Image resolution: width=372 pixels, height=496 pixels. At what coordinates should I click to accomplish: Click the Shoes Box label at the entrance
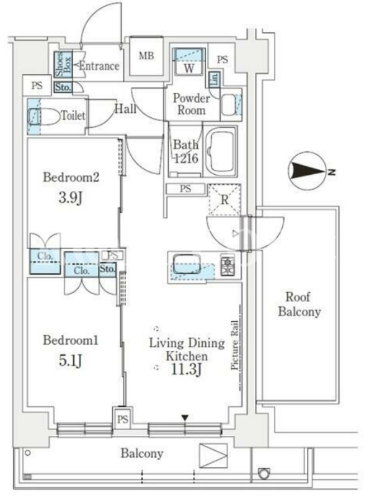click(64, 64)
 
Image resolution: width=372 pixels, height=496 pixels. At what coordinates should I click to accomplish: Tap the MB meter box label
click(146, 56)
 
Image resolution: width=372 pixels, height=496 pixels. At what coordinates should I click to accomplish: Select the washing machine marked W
click(188, 61)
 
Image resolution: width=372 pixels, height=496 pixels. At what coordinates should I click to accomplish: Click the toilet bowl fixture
click(44, 116)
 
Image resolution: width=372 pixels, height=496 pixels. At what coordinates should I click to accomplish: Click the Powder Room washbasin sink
click(228, 105)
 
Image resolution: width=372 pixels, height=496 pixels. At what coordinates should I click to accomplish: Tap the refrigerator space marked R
click(224, 200)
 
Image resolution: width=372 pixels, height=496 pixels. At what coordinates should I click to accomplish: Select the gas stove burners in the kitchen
click(228, 266)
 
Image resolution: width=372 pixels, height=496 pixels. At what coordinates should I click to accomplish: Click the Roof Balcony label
click(299, 304)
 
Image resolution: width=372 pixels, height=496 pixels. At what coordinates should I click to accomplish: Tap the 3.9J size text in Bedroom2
click(71, 198)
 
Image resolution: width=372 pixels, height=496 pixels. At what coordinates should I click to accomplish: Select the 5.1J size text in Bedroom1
click(71, 361)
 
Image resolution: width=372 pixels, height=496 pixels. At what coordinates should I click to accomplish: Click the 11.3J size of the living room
click(187, 369)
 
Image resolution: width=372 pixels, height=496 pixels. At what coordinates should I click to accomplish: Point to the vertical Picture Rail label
click(234, 345)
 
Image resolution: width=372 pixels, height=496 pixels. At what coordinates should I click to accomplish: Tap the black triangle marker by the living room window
click(185, 418)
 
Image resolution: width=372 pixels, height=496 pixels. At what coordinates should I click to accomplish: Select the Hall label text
click(126, 109)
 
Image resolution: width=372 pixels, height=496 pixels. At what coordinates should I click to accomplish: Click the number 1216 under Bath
click(187, 159)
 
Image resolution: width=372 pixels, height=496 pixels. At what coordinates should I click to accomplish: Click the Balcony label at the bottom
click(142, 454)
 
